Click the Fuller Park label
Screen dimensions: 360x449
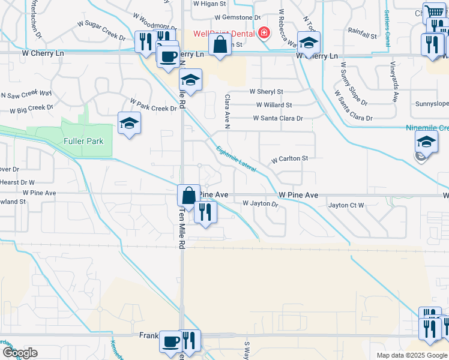[83, 142]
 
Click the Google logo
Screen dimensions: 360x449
[20, 353]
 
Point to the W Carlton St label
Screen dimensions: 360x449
[289, 159]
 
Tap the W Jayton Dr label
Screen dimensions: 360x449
[261, 204]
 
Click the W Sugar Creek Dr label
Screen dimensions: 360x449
[101, 31]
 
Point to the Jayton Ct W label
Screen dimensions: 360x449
[346, 205]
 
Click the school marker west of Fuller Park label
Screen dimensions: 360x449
[129, 124]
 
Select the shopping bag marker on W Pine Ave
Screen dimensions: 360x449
[188, 196]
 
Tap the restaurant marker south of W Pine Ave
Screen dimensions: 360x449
[205, 212]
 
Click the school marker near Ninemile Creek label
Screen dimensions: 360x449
[426, 142]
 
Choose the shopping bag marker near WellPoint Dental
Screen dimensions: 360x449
[220, 45]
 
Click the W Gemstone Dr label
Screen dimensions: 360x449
[237, 19]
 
